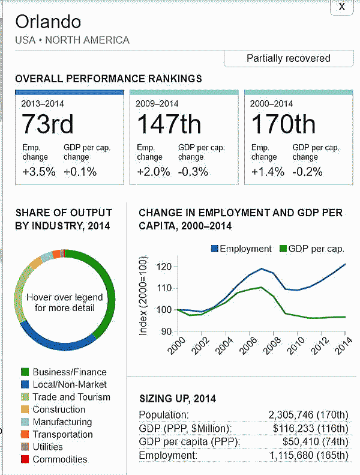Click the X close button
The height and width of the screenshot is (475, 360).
coord(342,7)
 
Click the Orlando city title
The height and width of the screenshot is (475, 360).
coord(48,22)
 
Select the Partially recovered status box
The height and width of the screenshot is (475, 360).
coord(288,58)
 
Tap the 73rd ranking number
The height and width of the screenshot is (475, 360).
coord(47,124)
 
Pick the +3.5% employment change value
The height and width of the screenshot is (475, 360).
coord(38,172)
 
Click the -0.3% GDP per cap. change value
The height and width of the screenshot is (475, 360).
coord(193,172)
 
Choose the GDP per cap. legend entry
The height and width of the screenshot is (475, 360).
coord(310,249)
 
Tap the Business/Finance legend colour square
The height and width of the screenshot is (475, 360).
coord(25,372)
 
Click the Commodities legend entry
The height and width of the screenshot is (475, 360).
coord(59,459)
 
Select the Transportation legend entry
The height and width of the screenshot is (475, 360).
coord(62,434)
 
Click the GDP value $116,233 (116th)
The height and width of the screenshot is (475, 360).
coord(310,428)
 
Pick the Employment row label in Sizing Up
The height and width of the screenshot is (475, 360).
coord(168,456)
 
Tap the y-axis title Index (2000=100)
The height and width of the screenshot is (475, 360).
coord(144,298)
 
